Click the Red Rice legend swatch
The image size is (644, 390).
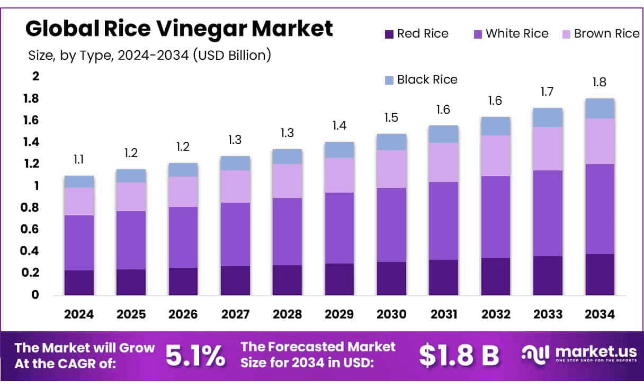[389, 34]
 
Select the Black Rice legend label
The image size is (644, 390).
[427, 80]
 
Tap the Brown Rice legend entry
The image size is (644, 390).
[606, 34]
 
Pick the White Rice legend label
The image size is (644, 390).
[517, 34]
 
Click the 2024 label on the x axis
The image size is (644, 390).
[79, 314]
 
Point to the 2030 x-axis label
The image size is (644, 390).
[391, 314]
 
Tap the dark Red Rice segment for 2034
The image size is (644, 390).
[600, 274]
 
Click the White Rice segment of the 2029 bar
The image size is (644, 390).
[339, 228]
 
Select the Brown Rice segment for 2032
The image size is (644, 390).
[496, 156]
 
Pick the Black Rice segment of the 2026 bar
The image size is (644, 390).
[183, 170]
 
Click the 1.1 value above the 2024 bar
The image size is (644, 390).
[79, 159]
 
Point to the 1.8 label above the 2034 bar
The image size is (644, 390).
[600, 83]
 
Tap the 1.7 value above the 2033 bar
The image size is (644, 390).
[548, 92]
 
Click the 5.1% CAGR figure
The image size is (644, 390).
[195, 356]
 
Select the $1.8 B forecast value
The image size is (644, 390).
[459, 356]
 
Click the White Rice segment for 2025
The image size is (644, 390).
[131, 240]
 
